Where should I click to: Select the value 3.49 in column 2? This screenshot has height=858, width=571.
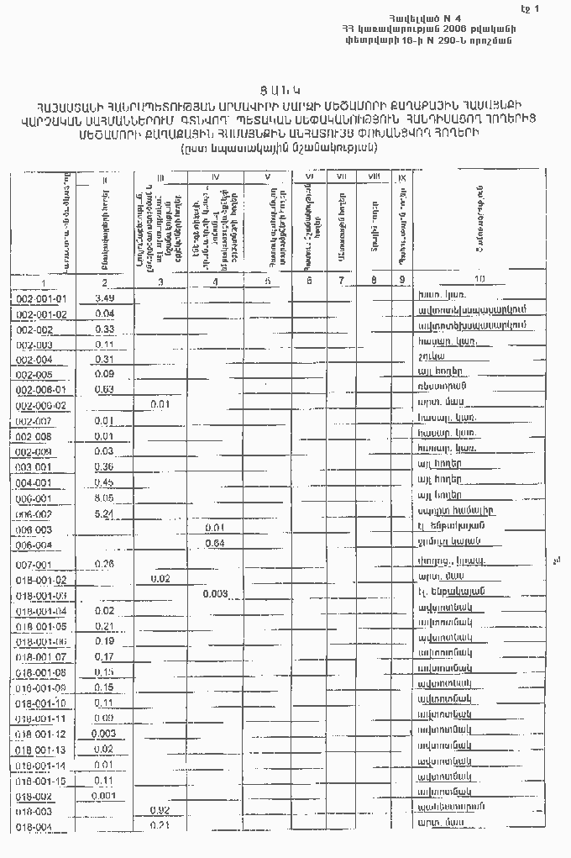(105, 298)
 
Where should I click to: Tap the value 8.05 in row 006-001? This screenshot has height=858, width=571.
(105, 497)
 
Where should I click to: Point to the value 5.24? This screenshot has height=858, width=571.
(105, 513)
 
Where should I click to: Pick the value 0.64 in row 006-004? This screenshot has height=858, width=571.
(215, 544)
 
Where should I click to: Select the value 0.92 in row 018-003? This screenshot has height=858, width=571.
(160, 809)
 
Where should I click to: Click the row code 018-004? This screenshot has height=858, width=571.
(34, 827)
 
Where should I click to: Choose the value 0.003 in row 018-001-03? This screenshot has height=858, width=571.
(215, 594)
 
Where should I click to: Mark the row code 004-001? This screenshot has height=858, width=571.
(34, 482)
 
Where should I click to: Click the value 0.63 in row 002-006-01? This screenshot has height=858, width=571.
(105, 389)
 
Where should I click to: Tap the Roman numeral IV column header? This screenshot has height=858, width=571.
(216, 177)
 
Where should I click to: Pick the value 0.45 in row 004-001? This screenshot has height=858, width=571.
(105, 482)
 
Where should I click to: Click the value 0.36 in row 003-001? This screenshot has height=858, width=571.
(105, 466)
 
